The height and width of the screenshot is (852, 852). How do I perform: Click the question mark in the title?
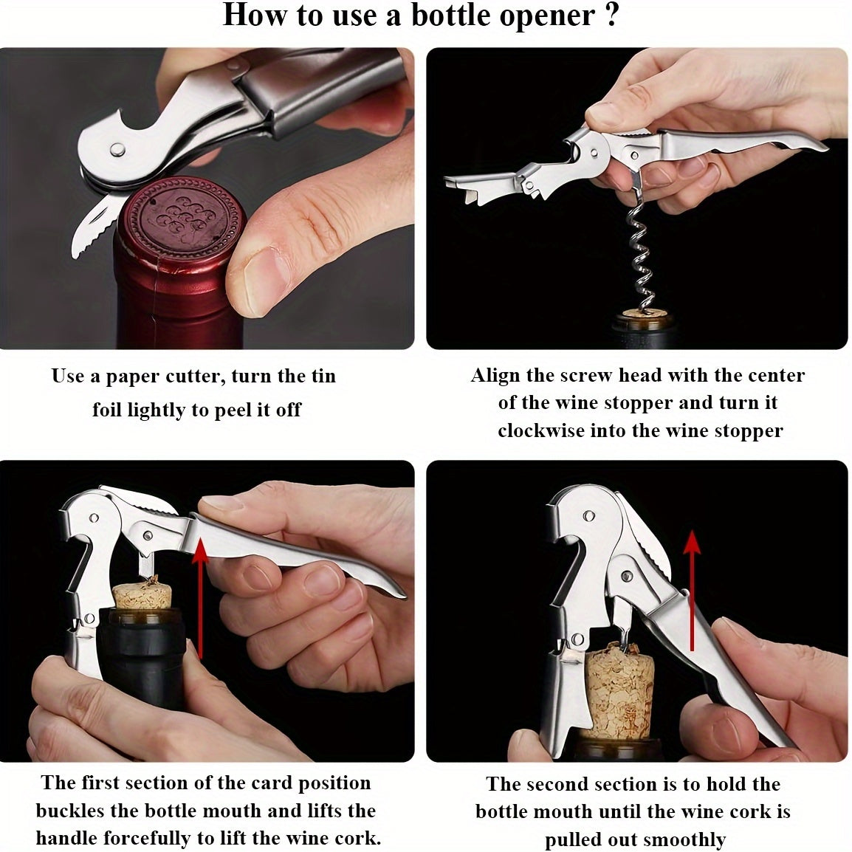coord(612,15)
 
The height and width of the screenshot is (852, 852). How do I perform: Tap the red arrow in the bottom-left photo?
coord(201,598)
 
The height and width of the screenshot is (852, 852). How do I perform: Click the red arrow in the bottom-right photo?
coord(692,591)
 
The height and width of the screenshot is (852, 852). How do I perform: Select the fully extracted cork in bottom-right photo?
coord(619,692)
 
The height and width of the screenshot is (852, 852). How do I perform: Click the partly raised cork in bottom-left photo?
coord(142,596)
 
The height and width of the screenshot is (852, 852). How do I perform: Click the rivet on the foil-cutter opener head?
coord(117,149)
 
